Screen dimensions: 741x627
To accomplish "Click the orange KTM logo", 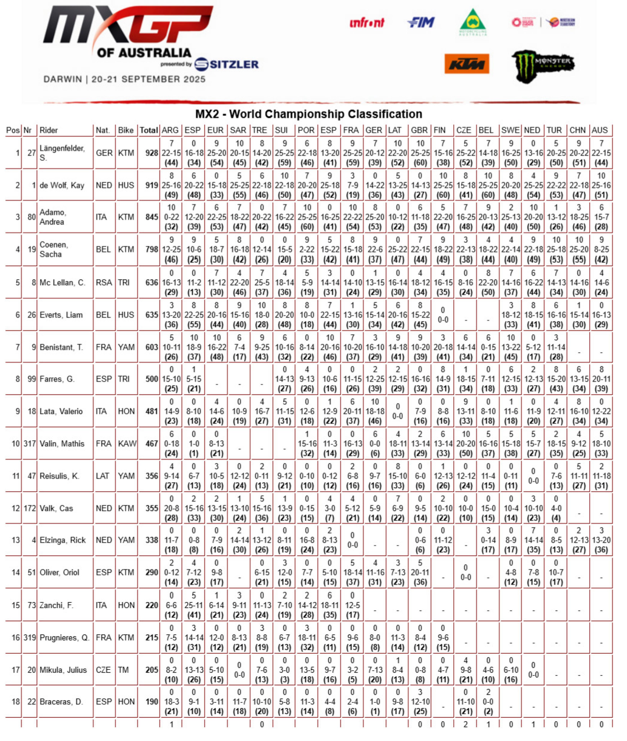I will [x=466, y=64].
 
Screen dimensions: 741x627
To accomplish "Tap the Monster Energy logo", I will [x=542, y=66].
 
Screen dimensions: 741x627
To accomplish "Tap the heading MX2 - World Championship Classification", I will [x=309, y=114].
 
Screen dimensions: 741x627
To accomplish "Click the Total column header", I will [x=149, y=130].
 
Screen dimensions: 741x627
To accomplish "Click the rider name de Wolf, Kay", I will [x=62, y=185].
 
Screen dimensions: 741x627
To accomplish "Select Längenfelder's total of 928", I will [x=151, y=153].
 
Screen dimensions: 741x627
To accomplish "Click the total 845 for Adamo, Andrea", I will [x=151, y=217].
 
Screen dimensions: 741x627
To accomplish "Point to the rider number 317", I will [x=30, y=443].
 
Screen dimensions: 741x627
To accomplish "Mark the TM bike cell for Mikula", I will [x=123, y=670].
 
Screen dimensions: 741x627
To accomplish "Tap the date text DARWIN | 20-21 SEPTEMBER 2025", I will [x=124, y=79].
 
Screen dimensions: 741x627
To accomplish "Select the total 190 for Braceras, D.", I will [x=151, y=702].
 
